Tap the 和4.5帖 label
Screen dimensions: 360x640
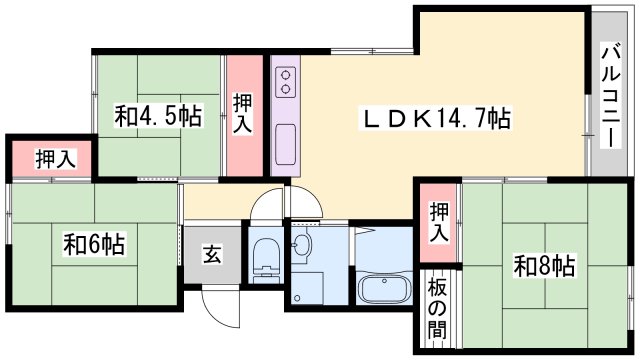click(x=158, y=117)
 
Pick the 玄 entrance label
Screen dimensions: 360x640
click(x=213, y=254)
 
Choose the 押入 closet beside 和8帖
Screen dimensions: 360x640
click(x=438, y=223)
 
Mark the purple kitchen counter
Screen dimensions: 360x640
click(x=283, y=115)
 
